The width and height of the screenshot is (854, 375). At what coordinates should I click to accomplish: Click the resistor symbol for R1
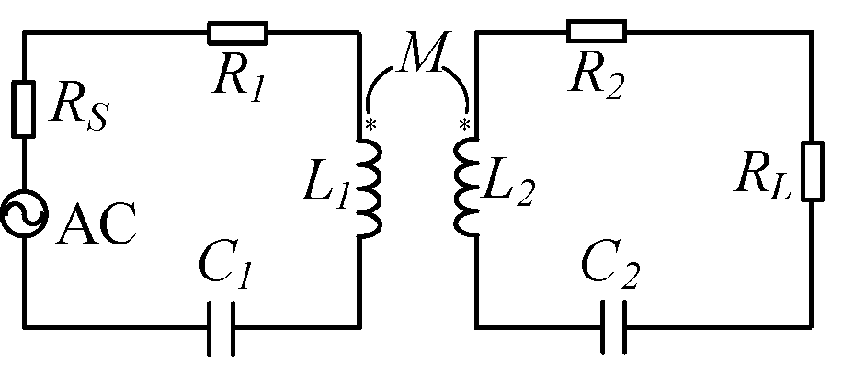[x=237, y=34]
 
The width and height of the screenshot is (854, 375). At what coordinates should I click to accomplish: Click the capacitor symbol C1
[x=222, y=326]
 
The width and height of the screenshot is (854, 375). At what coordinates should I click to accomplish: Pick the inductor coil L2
[x=467, y=188]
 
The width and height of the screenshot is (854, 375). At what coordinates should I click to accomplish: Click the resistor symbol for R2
[x=596, y=32]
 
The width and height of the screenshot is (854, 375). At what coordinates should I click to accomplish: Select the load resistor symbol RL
[x=812, y=171]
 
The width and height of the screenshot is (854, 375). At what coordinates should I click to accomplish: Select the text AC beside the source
[x=95, y=223]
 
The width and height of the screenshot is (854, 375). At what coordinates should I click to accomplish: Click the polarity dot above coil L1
[x=370, y=124]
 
